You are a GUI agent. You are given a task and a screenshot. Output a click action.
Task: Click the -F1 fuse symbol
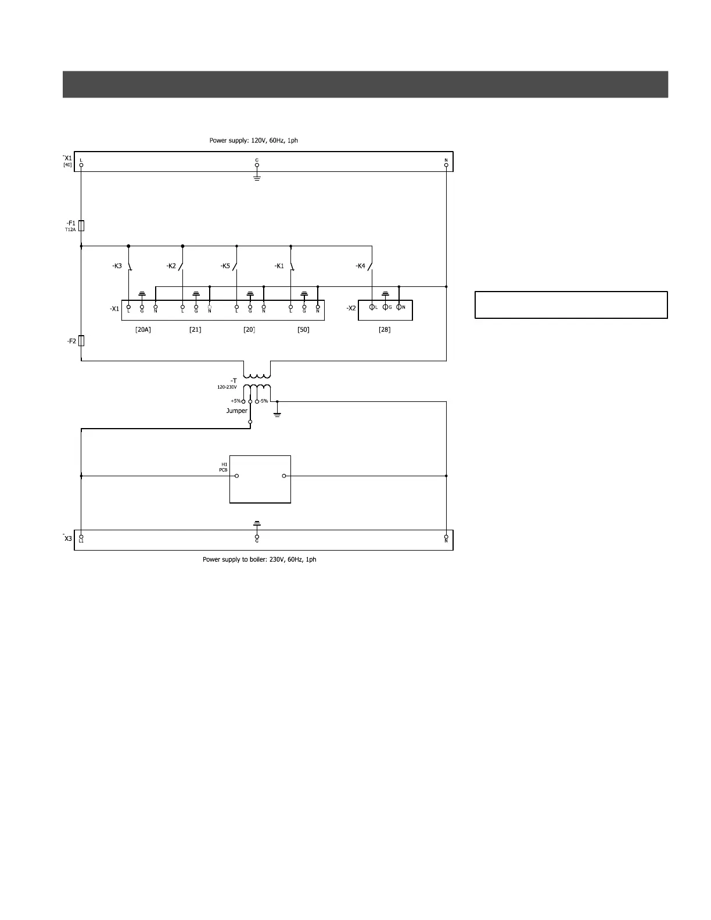point(81,225)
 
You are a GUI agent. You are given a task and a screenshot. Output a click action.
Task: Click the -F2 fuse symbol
point(81,341)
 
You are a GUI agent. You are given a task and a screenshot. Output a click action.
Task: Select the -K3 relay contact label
point(117,266)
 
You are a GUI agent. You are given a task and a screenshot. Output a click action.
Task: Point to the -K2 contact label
point(171,266)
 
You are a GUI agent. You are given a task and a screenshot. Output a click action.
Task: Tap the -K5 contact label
point(225,266)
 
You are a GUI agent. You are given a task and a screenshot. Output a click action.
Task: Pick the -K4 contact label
point(361,266)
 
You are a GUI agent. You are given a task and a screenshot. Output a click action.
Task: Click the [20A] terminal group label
point(143,330)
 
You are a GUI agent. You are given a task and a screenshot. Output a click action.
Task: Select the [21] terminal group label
point(195,330)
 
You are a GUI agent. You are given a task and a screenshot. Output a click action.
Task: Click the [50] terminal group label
point(303,330)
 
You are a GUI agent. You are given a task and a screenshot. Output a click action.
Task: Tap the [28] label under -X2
point(385,330)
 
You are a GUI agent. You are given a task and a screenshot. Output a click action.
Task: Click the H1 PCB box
point(260,479)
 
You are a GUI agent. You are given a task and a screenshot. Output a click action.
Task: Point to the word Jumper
point(237,411)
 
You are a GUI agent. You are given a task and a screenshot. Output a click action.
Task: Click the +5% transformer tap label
point(235,401)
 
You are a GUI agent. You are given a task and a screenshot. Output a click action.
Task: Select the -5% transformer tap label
point(264,401)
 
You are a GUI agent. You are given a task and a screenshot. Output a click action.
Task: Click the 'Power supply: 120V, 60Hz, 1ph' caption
point(254,141)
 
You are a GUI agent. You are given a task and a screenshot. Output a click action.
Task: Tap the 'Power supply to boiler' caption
point(259,559)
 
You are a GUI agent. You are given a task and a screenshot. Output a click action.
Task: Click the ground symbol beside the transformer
point(277,413)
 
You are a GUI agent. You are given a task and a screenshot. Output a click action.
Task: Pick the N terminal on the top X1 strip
point(446,165)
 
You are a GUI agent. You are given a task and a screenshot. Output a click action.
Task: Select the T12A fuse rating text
point(70,229)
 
